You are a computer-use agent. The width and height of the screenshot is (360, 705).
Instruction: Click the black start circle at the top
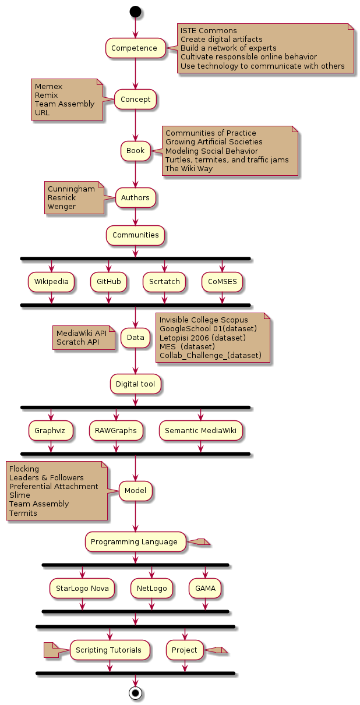click(x=135, y=11)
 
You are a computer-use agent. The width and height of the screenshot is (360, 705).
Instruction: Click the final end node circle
click(x=135, y=693)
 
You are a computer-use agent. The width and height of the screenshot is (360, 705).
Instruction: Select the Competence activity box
click(x=135, y=48)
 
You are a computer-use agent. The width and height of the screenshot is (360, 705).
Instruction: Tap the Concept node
click(x=135, y=100)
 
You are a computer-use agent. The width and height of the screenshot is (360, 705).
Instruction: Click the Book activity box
click(x=135, y=151)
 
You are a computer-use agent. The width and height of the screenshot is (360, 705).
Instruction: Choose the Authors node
click(x=135, y=198)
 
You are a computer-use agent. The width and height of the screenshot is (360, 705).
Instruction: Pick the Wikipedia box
click(x=51, y=282)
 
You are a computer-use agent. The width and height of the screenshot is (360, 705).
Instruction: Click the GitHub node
click(x=108, y=282)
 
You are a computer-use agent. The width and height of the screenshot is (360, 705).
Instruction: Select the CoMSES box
click(x=222, y=282)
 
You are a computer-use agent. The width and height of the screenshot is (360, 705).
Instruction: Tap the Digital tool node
click(x=135, y=384)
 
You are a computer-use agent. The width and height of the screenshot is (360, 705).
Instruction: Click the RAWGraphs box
click(x=116, y=431)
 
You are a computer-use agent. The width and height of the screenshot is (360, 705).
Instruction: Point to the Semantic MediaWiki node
click(x=201, y=431)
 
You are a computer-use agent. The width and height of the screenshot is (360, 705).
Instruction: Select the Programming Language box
click(x=135, y=542)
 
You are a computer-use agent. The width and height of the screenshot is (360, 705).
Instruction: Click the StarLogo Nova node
click(x=82, y=589)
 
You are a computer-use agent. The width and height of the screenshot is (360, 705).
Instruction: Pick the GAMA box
click(x=205, y=589)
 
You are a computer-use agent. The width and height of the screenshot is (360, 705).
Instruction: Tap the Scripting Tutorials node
click(x=109, y=650)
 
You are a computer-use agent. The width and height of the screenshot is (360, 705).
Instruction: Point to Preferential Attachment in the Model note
click(x=54, y=487)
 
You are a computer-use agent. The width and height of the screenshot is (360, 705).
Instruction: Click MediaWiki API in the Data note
click(x=81, y=333)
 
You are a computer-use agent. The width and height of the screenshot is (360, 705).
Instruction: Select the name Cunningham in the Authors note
click(x=71, y=189)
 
